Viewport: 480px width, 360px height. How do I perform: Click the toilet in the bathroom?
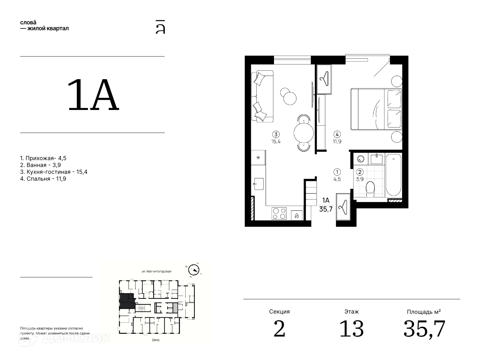(370, 189)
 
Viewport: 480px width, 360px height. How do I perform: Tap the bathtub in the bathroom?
(394, 175)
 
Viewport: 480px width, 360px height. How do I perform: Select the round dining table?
(304, 133)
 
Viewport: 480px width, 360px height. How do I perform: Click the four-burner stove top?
(279, 213)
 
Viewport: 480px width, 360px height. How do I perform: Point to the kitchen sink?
(259, 184)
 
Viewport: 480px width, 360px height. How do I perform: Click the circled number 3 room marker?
(276, 134)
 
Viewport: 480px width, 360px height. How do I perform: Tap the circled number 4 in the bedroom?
(337, 134)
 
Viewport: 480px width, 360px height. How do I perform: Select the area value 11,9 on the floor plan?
(337, 142)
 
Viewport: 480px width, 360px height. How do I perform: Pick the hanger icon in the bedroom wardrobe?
(324, 79)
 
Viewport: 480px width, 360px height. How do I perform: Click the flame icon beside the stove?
(296, 216)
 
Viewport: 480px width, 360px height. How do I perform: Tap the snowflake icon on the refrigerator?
(258, 157)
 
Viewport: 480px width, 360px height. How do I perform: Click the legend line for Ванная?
(40, 165)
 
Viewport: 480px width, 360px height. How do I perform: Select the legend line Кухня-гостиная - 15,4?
(54, 172)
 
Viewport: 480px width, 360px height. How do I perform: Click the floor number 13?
(352, 328)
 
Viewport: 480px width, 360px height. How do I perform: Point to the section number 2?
(280, 328)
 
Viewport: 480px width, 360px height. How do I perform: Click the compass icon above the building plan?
(194, 270)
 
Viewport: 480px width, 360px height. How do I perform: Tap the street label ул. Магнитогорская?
(156, 271)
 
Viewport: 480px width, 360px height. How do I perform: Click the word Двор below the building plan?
(156, 340)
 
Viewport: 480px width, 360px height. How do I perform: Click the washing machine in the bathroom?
(360, 159)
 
